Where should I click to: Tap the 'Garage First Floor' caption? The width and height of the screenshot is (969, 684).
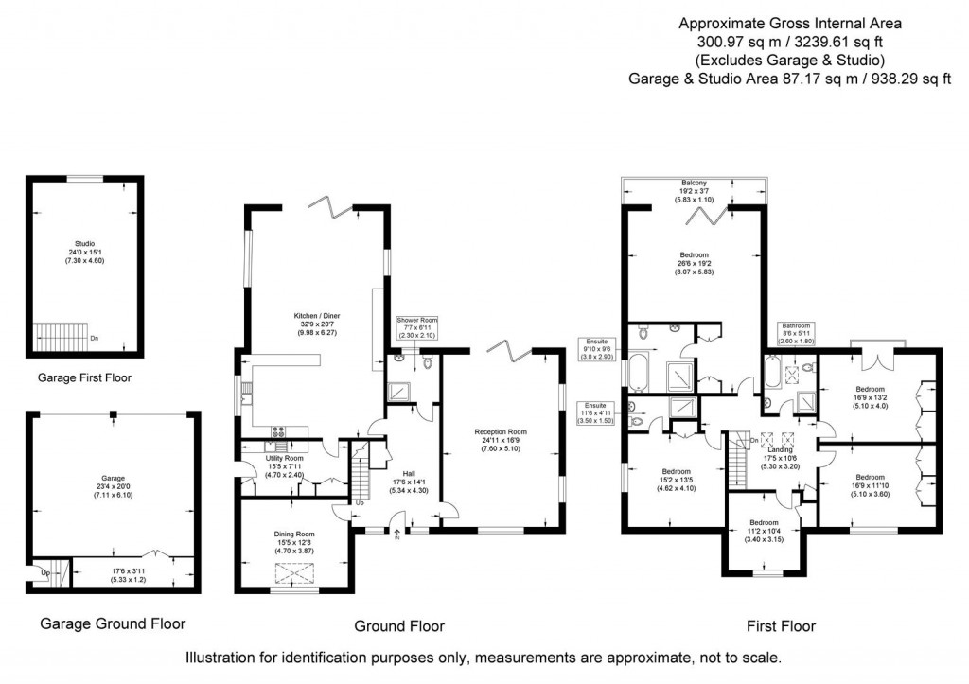[x=84, y=377]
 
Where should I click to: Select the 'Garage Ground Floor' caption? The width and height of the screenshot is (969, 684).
[x=113, y=623]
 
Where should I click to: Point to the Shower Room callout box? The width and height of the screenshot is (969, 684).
[x=416, y=327]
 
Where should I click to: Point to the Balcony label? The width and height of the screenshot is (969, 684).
[x=694, y=183]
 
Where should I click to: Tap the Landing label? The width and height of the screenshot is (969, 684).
[x=781, y=449]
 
